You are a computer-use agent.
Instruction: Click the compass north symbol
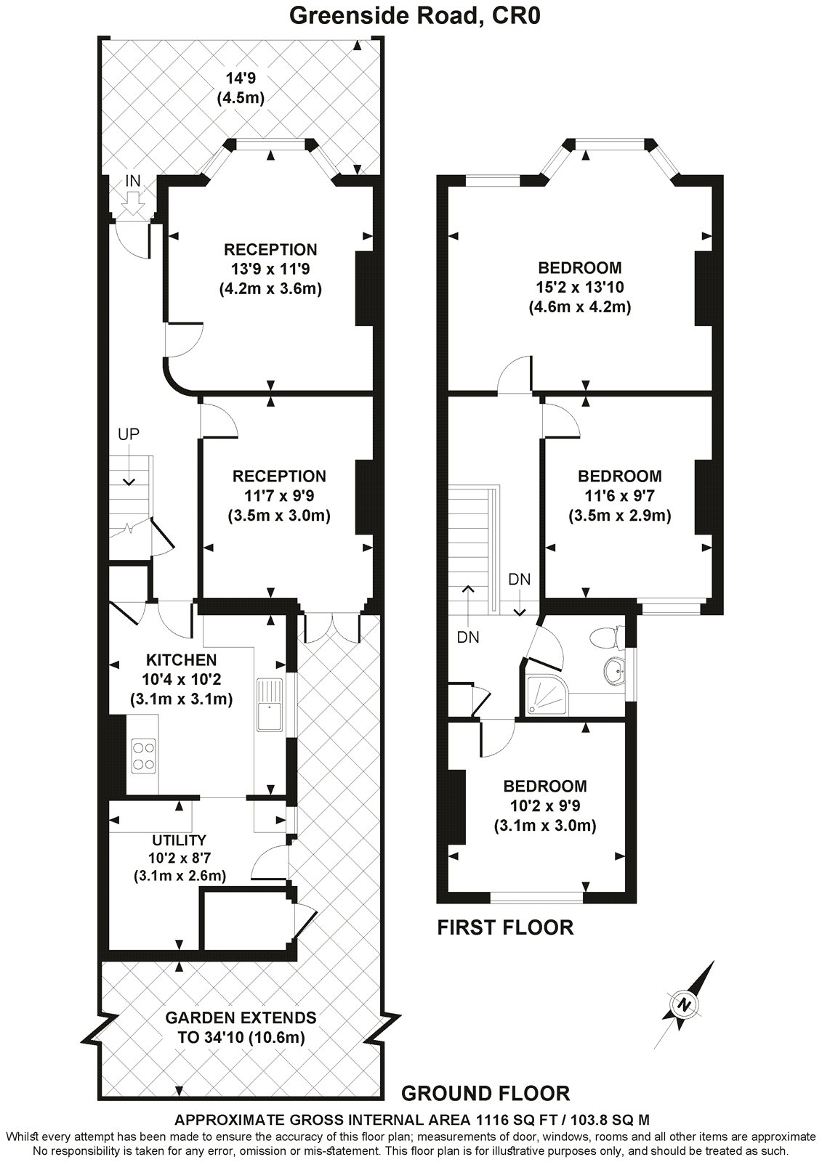(684, 1004)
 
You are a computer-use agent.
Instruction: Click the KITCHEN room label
(181, 659)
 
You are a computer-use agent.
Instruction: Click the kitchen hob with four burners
(142, 755)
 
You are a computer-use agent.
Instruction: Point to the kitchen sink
(268, 704)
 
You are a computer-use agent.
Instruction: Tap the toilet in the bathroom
(605, 638)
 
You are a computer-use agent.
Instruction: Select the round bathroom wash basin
(615, 672)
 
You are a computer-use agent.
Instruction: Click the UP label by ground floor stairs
(129, 434)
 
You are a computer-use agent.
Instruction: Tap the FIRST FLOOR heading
(505, 927)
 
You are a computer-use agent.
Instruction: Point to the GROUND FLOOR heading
(485, 1093)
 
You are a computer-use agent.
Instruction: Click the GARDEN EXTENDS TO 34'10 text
(241, 1027)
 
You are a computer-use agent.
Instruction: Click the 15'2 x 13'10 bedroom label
(579, 288)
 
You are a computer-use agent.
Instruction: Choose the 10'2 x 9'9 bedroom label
(545, 805)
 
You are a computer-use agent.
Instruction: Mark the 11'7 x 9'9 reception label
(279, 496)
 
